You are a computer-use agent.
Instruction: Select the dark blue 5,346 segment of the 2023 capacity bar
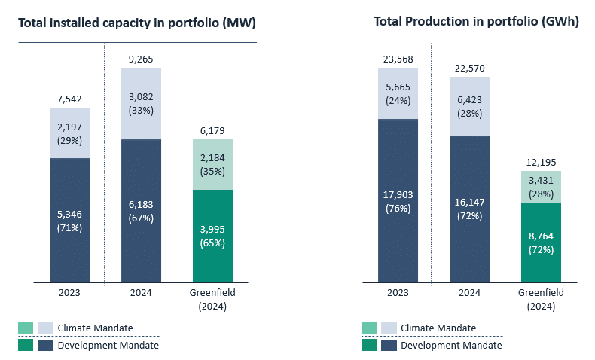pos(69,220)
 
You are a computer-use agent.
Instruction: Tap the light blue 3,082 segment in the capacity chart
pos(141,103)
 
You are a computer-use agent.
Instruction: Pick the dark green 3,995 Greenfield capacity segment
pos(212,236)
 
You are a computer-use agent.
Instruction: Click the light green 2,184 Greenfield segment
pos(212,164)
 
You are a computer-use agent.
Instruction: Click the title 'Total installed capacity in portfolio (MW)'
pos(137,23)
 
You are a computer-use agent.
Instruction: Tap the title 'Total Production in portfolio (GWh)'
pos(476,22)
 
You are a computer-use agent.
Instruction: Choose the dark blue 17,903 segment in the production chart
pos(398,201)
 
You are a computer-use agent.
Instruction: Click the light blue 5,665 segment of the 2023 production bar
pos(398,93)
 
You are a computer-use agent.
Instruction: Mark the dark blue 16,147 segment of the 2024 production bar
pos(469,209)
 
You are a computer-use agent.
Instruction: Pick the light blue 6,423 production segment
pos(469,105)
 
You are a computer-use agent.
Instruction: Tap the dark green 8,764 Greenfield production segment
pos(540,243)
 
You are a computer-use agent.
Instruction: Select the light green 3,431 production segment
pos(540,187)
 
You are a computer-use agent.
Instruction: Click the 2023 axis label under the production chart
pos(398,293)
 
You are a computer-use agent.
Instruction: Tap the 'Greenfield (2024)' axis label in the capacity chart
pos(212,300)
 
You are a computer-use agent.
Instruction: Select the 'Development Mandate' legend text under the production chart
pos(451,346)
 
